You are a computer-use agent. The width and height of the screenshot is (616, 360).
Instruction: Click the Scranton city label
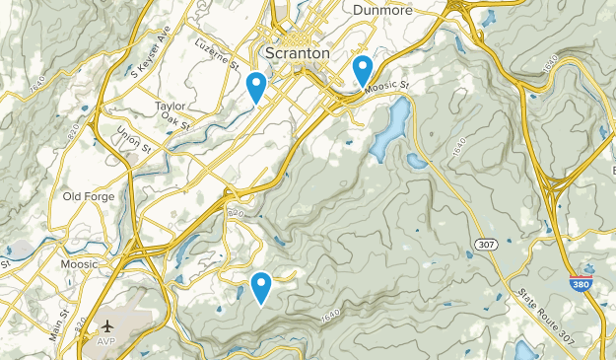(x=298, y=52)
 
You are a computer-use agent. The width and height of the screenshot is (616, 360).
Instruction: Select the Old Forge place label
(x=89, y=196)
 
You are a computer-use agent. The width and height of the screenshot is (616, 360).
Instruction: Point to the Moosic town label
(x=79, y=264)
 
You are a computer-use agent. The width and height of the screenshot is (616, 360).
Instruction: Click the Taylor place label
(x=171, y=106)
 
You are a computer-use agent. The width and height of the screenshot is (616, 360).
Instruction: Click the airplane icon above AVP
(x=106, y=325)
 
